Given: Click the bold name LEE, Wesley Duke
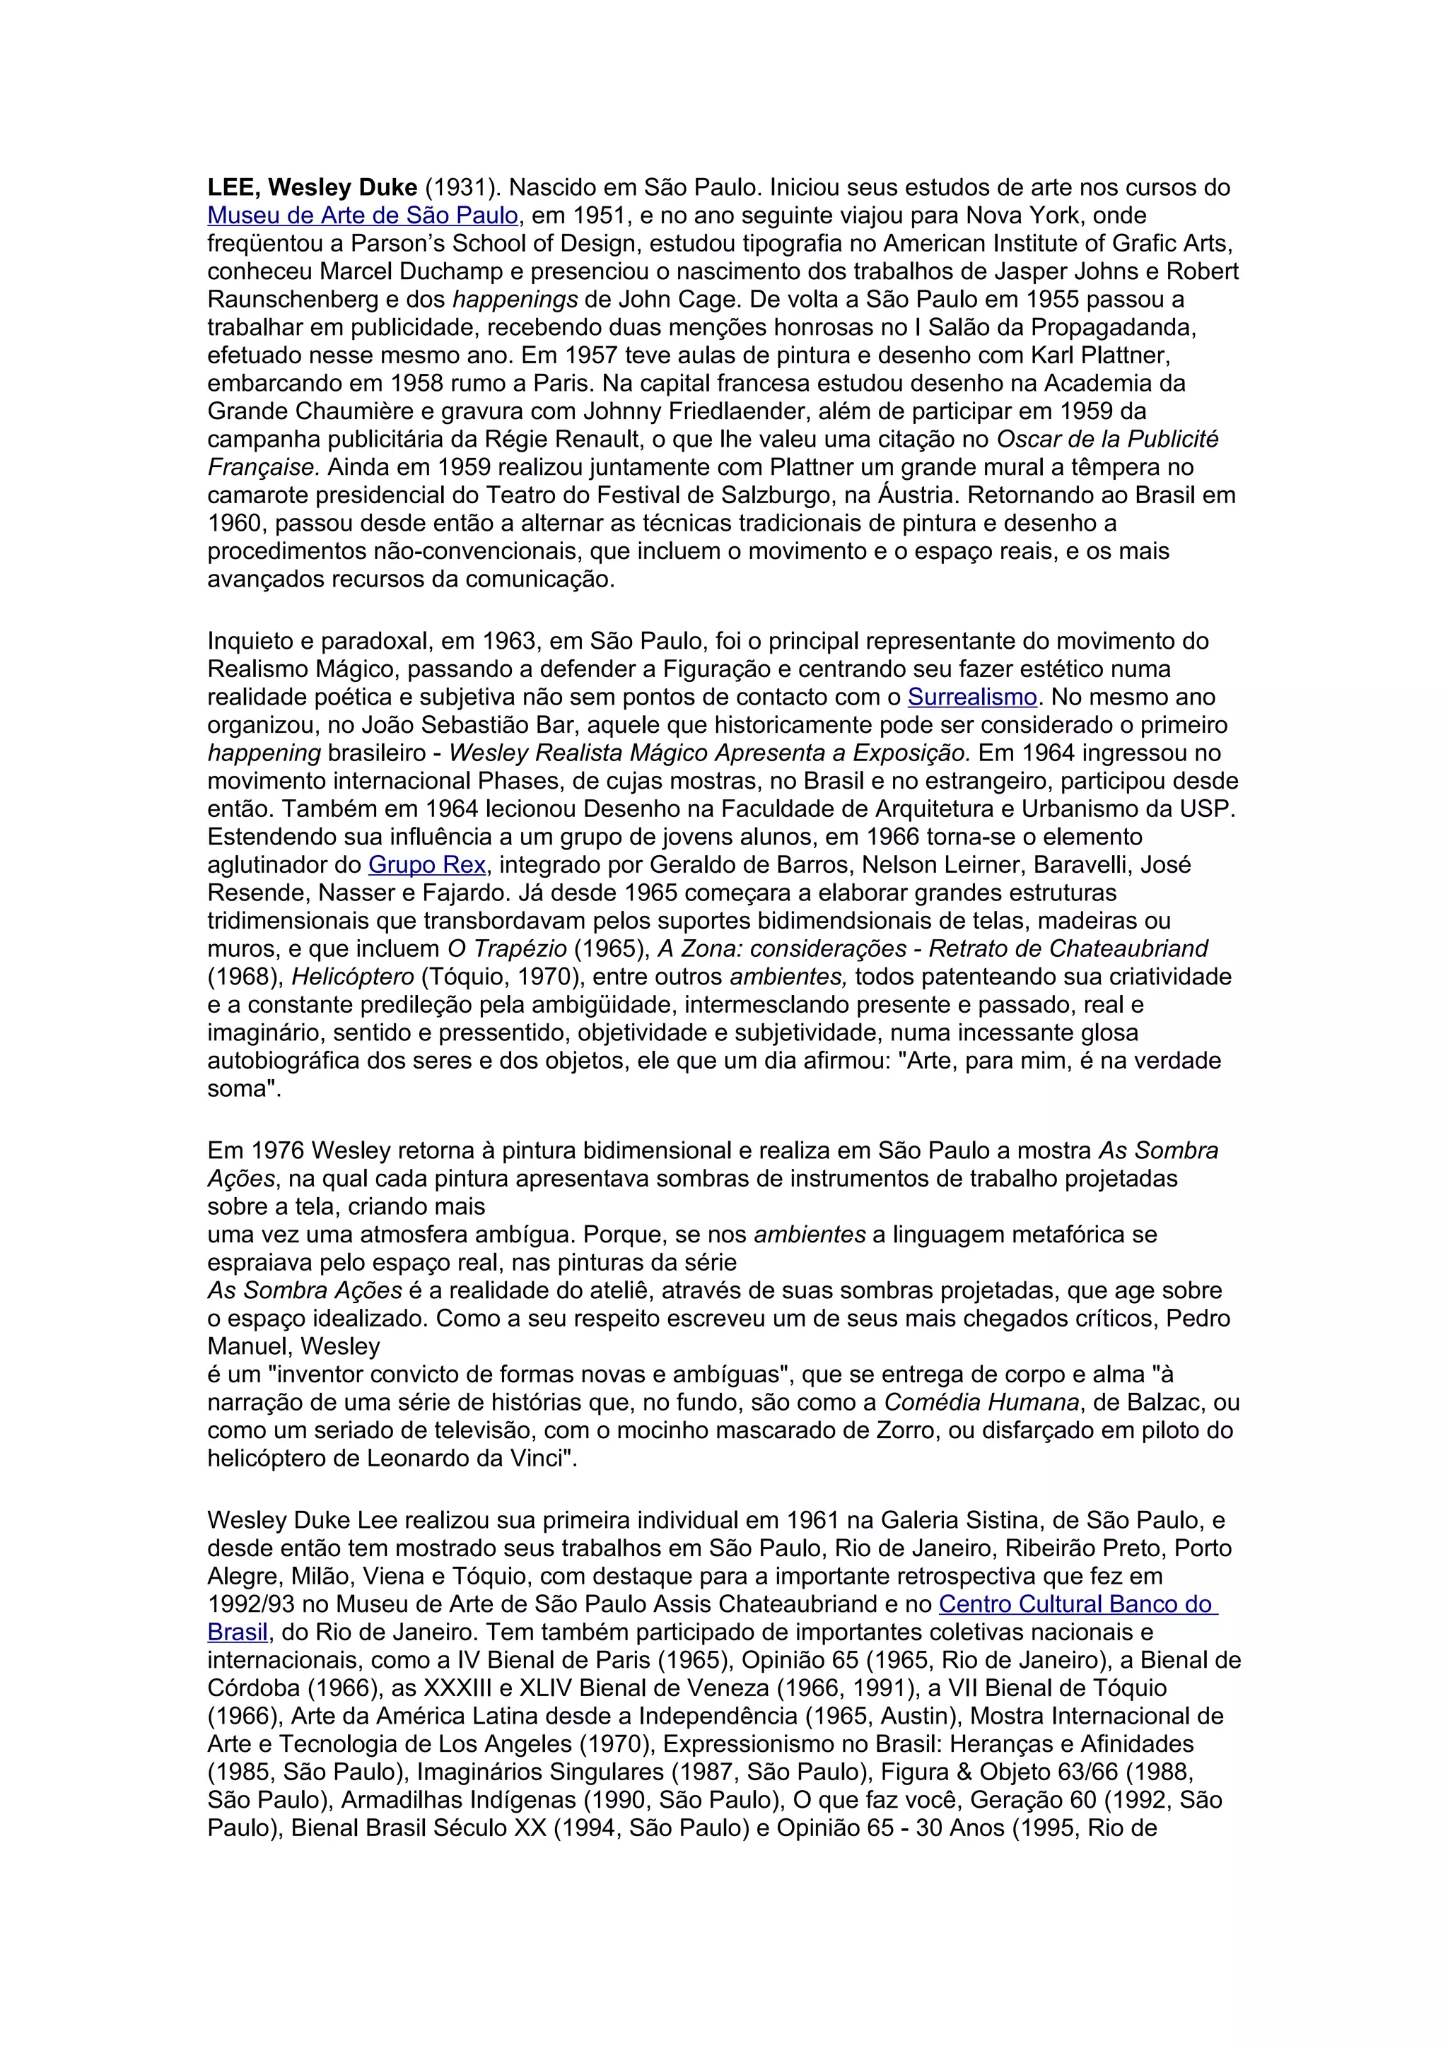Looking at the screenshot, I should pos(313,187).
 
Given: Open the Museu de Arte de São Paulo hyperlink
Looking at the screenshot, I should pos(362,215).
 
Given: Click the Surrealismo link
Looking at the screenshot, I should pos(972,697).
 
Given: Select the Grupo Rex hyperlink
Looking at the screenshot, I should pos(426,864).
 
